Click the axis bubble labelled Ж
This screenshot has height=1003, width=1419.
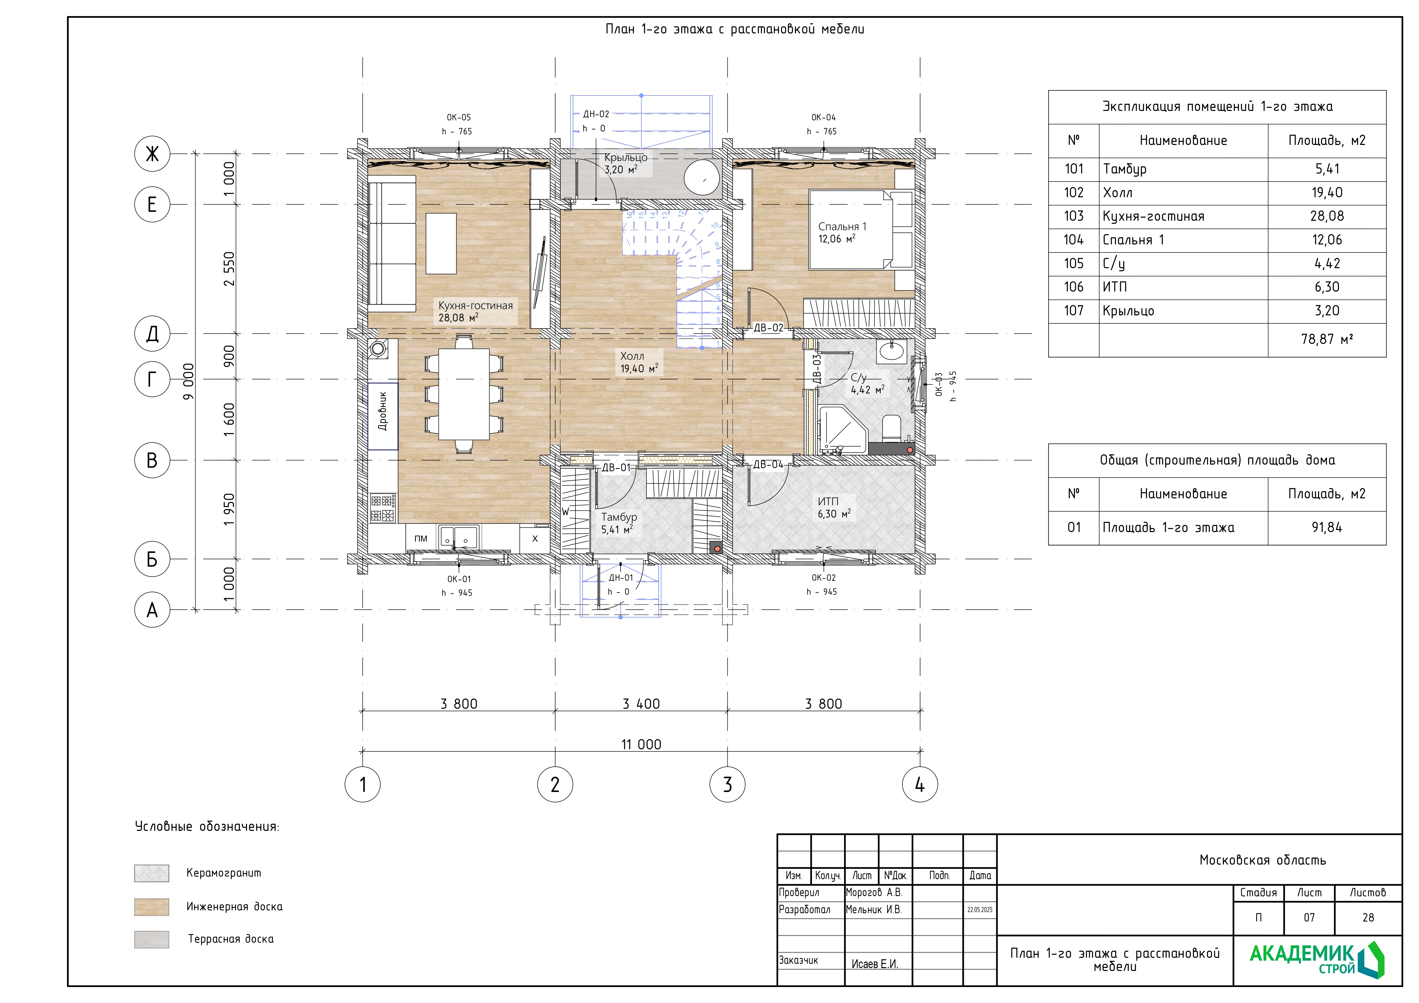(x=152, y=154)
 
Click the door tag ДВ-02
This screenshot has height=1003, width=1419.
(x=768, y=328)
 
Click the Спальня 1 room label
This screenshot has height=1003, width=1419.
(x=842, y=227)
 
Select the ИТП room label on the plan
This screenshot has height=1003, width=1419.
(x=828, y=502)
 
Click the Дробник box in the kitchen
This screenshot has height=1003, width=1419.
(x=382, y=416)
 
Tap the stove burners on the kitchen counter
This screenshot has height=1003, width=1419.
(x=382, y=508)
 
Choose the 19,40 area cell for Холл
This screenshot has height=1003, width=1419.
(x=1327, y=193)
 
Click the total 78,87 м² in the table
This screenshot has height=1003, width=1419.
(x=1327, y=339)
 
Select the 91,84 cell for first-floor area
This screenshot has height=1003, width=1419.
(x=1327, y=528)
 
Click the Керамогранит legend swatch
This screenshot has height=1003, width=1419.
(x=151, y=873)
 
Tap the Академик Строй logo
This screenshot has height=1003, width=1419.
(x=1316, y=959)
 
